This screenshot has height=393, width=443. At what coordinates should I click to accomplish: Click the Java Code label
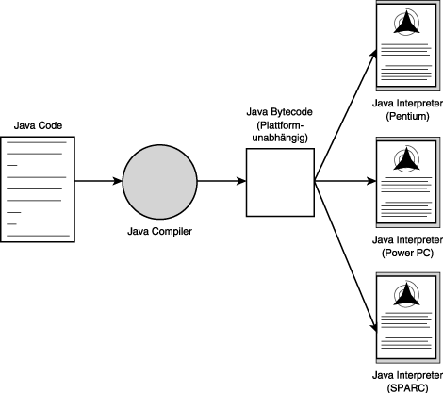(38, 125)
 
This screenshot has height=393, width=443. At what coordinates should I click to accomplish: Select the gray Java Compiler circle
(159, 182)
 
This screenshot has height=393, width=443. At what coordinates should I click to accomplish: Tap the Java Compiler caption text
(159, 232)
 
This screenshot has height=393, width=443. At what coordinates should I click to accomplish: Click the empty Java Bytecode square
(280, 183)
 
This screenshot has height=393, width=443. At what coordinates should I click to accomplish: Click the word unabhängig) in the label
(280, 138)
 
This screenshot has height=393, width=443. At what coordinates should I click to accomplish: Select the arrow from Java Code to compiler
(98, 181)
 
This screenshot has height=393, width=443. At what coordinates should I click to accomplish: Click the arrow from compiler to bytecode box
(221, 181)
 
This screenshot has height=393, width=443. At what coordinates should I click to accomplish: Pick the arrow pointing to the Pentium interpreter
(346, 115)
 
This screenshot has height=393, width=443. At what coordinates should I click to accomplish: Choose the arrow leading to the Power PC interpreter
(346, 181)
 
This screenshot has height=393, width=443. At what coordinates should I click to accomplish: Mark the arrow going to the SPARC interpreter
(346, 256)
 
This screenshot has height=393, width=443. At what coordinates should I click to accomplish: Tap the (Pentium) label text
(407, 116)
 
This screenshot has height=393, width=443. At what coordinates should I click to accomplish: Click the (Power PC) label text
(407, 253)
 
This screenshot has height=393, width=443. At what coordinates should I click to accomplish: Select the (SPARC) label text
(407, 388)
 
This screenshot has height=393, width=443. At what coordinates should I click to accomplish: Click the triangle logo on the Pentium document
(406, 24)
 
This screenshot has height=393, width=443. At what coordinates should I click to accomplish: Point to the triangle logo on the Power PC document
(406, 160)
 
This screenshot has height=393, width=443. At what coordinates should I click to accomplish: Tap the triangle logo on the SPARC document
(406, 295)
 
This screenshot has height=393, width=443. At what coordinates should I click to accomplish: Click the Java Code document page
(38, 189)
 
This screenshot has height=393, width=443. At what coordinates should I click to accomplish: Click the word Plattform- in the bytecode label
(280, 125)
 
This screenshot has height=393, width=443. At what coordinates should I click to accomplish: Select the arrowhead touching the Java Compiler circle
(118, 181)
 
